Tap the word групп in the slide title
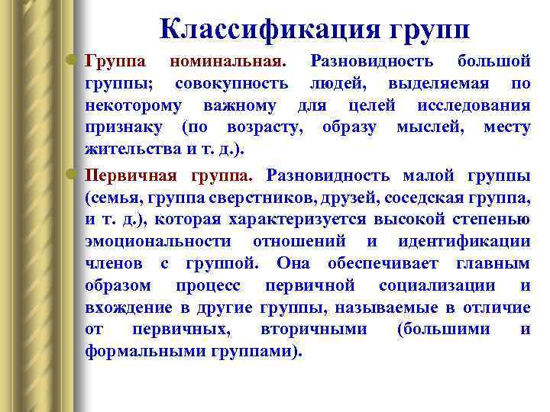430,30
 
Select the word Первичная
130,175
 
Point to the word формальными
141,352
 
